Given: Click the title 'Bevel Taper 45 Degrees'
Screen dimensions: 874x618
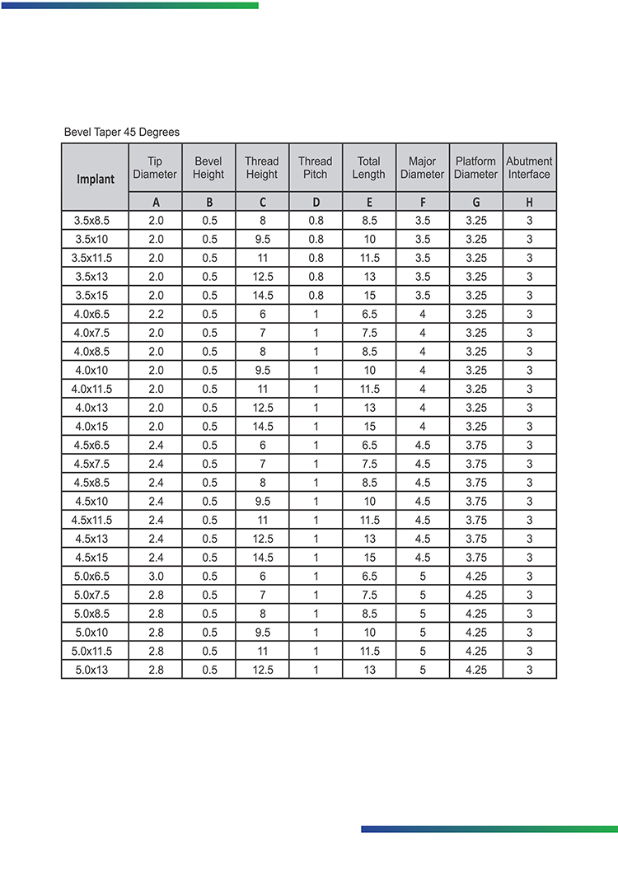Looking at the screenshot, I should (x=122, y=132).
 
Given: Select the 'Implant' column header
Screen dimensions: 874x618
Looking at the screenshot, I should (x=96, y=178).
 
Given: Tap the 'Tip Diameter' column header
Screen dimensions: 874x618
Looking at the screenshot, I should (x=155, y=168).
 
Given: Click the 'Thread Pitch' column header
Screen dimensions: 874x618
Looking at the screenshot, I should (x=315, y=168).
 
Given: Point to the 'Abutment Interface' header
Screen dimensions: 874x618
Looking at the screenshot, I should (x=529, y=168).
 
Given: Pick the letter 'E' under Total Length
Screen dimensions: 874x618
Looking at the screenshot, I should (x=368, y=202).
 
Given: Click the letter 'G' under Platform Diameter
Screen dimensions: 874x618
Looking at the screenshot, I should (x=475, y=202).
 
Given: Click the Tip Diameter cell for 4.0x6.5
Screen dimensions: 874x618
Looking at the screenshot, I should (x=155, y=315).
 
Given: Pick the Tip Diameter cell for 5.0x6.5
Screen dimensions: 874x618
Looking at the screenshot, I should (x=155, y=577).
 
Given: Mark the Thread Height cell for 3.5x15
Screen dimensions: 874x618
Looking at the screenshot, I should (x=262, y=296).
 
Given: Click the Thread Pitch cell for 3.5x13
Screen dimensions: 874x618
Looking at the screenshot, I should (x=315, y=277).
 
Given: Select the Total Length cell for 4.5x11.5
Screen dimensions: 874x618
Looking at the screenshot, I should (x=368, y=521).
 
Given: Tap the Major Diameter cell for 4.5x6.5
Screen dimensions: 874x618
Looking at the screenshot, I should (x=422, y=446).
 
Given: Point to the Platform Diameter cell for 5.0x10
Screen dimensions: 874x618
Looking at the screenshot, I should (x=475, y=633).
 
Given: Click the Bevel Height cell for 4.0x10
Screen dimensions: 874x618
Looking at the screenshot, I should (x=208, y=371).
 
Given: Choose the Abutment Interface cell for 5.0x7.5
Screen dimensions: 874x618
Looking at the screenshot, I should (x=529, y=596).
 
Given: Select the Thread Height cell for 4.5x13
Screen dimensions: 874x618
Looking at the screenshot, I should (x=262, y=540).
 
